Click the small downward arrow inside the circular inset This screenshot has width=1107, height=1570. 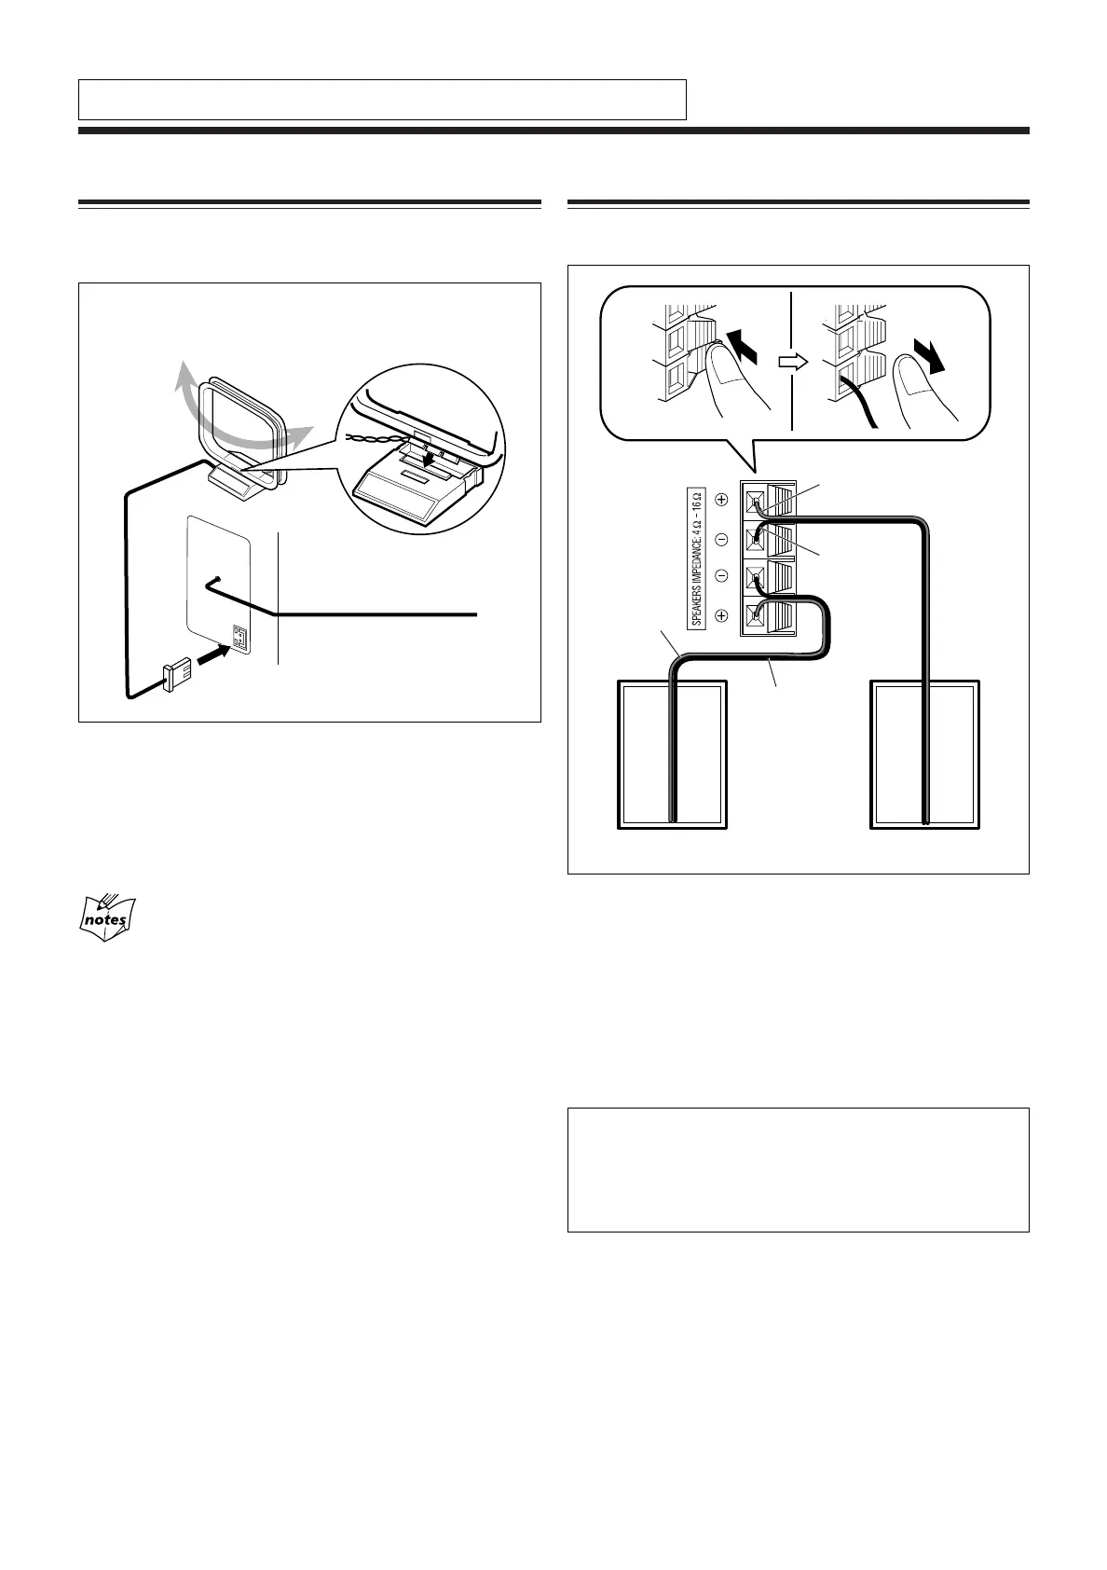coord(428,459)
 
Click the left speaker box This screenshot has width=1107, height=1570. coord(672,753)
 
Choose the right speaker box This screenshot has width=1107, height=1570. coord(925,753)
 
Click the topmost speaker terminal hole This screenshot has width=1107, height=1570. coord(755,499)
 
